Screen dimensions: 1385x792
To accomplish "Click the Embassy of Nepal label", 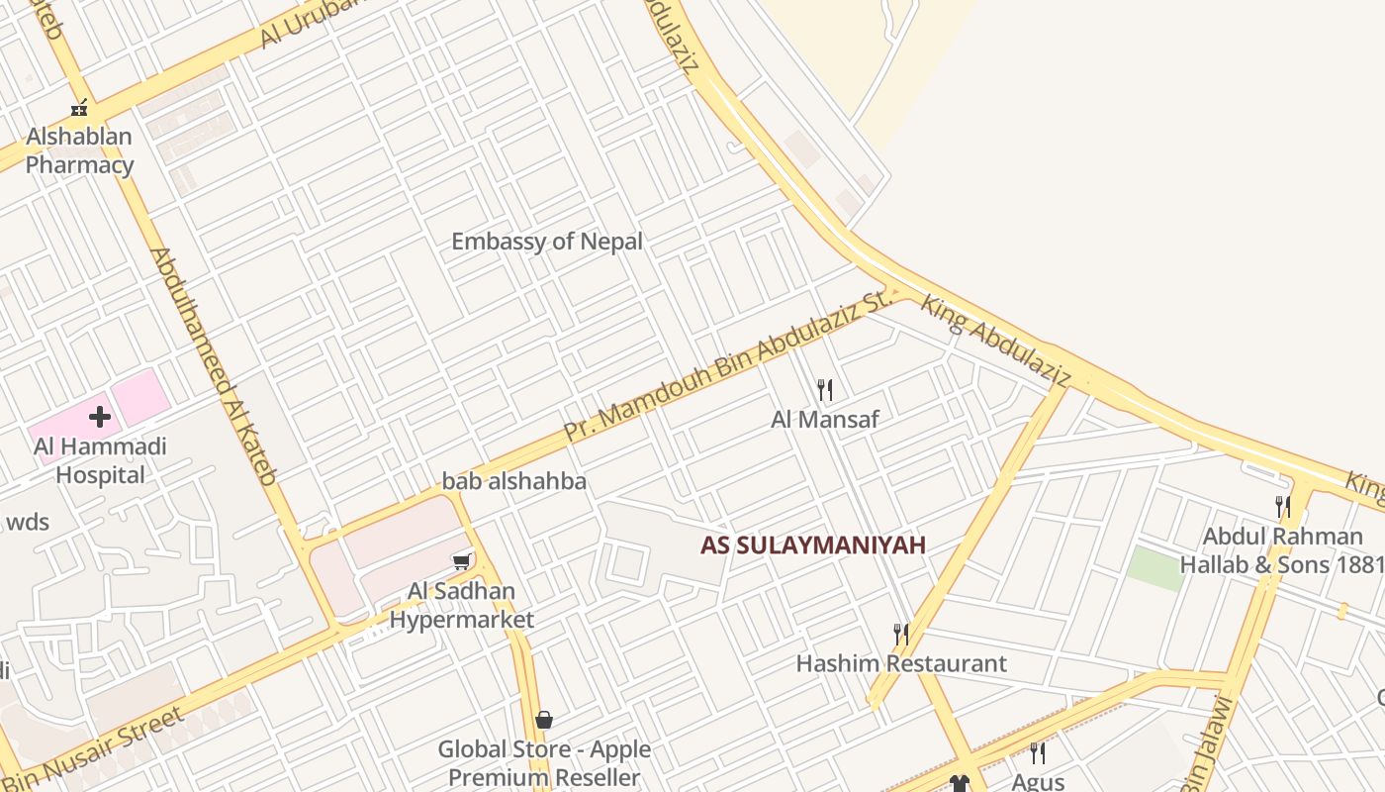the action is coord(547,242).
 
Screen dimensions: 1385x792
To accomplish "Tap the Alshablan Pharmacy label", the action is coord(79,150).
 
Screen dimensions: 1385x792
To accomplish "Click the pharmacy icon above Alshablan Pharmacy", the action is coord(79,108).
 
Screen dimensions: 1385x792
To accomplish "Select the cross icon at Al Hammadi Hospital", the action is coord(100,417).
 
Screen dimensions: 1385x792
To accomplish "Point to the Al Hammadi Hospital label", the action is coord(100,460).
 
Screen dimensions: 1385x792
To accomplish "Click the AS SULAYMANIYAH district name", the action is coord(813,544).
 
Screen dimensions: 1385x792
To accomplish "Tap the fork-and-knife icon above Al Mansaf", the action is coord(825,390).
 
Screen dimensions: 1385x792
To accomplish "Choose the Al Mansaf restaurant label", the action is coord(825,420).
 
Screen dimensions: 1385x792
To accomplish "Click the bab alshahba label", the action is coord(514,482).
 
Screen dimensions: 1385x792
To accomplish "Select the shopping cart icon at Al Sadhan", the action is coord(461,562).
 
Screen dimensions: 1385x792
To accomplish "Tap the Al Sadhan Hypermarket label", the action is coord(461,606).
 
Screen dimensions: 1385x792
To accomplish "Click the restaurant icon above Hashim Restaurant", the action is coord(900,634).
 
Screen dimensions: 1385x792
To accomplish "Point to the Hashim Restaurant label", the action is coord(901,663).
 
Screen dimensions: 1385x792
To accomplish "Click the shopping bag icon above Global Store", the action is coord(543,720).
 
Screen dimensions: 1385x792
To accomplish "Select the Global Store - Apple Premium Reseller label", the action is coord(544,763).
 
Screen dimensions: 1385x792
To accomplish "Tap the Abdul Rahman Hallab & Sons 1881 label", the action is coord(1282,550).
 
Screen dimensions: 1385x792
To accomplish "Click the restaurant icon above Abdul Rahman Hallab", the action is coord(1283,507).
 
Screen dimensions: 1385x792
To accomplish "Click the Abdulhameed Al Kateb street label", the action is coord(213,366).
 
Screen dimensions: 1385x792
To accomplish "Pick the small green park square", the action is coord(1155,568).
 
